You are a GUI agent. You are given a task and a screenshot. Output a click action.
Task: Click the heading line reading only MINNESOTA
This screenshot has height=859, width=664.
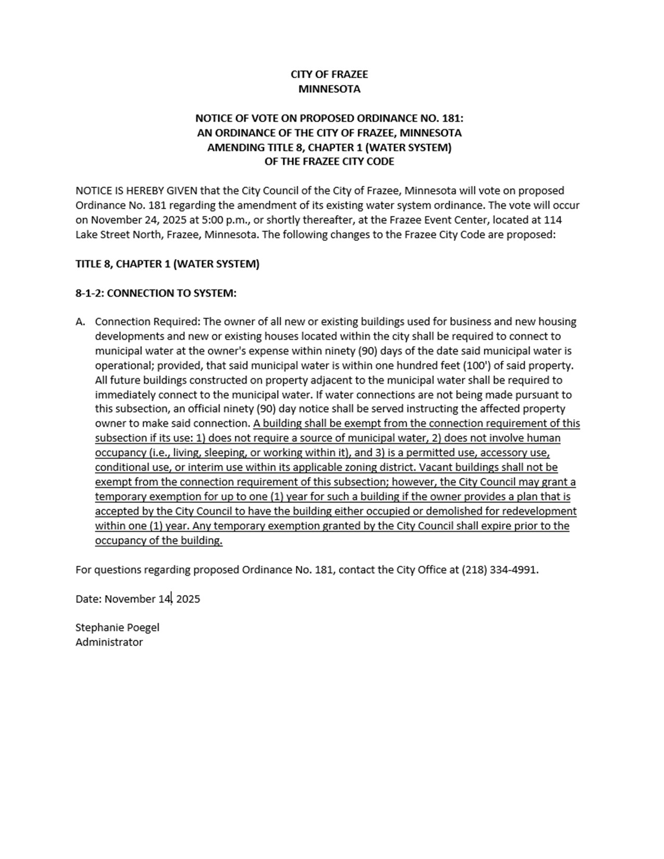329,89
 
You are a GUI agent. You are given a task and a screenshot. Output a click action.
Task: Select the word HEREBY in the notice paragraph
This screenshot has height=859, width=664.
146,191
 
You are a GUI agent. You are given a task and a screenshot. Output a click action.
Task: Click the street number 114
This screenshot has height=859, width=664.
553,220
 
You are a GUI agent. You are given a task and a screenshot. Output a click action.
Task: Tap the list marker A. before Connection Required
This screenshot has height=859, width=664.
80,322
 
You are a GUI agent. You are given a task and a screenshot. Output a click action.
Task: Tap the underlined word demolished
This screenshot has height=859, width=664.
455,511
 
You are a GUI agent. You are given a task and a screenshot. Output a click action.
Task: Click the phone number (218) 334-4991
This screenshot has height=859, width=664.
499,570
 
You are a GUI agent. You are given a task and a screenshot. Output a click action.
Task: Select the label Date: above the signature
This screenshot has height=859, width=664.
89,599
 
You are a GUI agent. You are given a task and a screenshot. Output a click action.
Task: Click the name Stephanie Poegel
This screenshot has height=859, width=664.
117,627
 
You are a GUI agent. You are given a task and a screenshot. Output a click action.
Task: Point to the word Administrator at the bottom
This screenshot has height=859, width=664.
109,642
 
